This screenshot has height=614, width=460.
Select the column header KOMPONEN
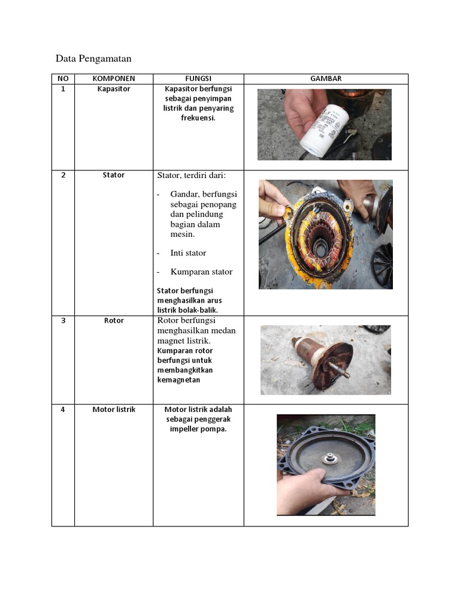(114, 79)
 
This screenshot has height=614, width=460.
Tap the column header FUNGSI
(198, 79)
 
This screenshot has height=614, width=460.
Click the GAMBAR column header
(326, 79)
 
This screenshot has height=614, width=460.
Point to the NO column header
(63, 79)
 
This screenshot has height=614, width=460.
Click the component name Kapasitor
(114, 89)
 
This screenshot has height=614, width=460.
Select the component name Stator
(114, 175)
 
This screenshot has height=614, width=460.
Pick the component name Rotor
(114, 321)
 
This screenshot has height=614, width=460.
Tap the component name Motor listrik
(114, 410)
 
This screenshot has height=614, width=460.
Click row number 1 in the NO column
(63, 89)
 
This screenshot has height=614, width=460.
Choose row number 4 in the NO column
(63, 410)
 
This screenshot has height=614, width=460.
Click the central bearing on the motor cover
(329, 459)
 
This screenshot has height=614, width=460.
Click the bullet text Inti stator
(187, 253)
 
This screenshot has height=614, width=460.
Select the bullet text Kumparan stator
(201, 272)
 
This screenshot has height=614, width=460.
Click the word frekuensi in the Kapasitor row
(198, 118)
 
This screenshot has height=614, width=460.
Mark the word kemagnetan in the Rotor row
(178, 380)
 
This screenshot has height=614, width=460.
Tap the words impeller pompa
(198, 429)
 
